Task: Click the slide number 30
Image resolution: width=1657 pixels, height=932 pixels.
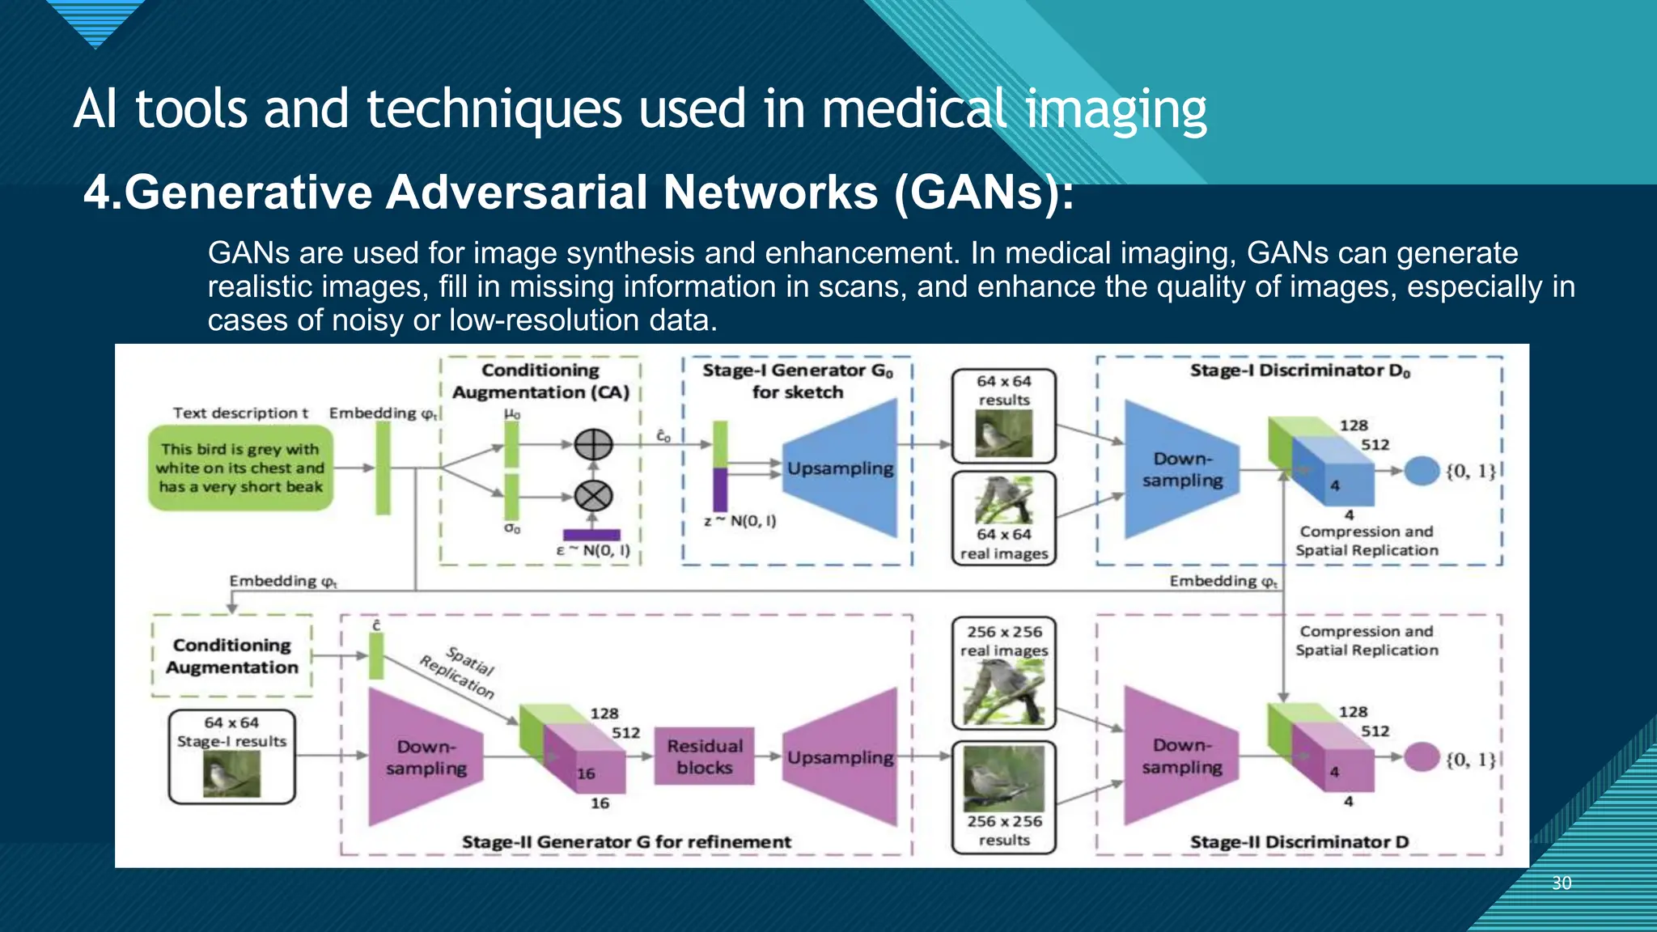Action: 1562,883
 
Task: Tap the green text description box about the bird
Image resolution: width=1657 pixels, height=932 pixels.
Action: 240,468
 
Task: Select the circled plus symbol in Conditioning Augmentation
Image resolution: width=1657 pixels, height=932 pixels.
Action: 593,444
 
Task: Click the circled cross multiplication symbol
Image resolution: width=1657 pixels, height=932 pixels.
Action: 593,495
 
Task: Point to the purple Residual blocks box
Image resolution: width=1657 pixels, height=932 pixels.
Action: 704,756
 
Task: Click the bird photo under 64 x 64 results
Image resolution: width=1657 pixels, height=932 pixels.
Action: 1003,434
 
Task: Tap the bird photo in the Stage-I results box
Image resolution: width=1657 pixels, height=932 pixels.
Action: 231,773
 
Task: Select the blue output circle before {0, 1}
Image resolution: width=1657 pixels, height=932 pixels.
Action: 1422,471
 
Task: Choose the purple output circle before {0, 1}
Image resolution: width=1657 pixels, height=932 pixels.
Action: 1422,757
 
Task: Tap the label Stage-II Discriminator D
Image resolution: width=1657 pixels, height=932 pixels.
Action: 1299,841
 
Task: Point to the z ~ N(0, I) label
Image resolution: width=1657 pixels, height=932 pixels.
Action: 740,521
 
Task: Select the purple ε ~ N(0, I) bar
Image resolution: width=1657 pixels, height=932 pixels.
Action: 591,535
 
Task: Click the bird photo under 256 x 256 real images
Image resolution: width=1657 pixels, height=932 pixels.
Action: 1003,693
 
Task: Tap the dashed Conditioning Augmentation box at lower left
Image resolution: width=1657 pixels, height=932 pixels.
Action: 232,656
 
